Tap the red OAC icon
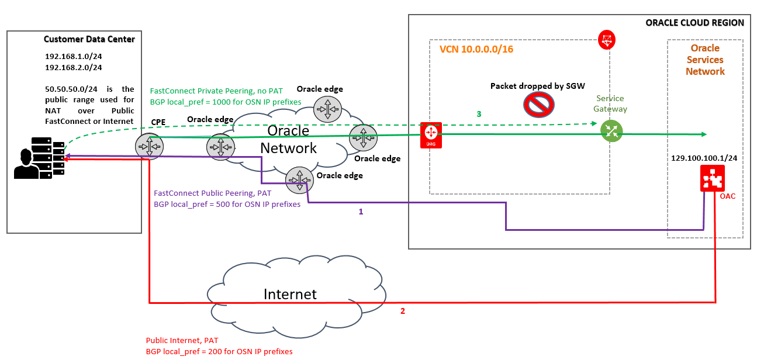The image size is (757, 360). pyautogui.click(x=712, y=178)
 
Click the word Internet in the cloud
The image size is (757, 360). pyautogui.click(x=290, y=294)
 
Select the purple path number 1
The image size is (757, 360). pyautogui.click(x=361, y=212)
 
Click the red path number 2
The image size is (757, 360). pyautogui.click(x=402, y=311)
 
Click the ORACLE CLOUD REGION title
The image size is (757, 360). pyautogui.click(x=694, y=23)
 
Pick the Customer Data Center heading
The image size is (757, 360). pyautogui.click(x=89, y=39)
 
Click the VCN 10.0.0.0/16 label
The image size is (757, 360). pyautogui.click(x=476, y=49)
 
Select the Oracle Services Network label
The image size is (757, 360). pyautogui.click(x=705, y=60)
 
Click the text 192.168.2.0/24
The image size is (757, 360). pyautogui.click(x=74, y=67)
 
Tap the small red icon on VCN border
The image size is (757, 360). pyautogui.click(x=607, y=40)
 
